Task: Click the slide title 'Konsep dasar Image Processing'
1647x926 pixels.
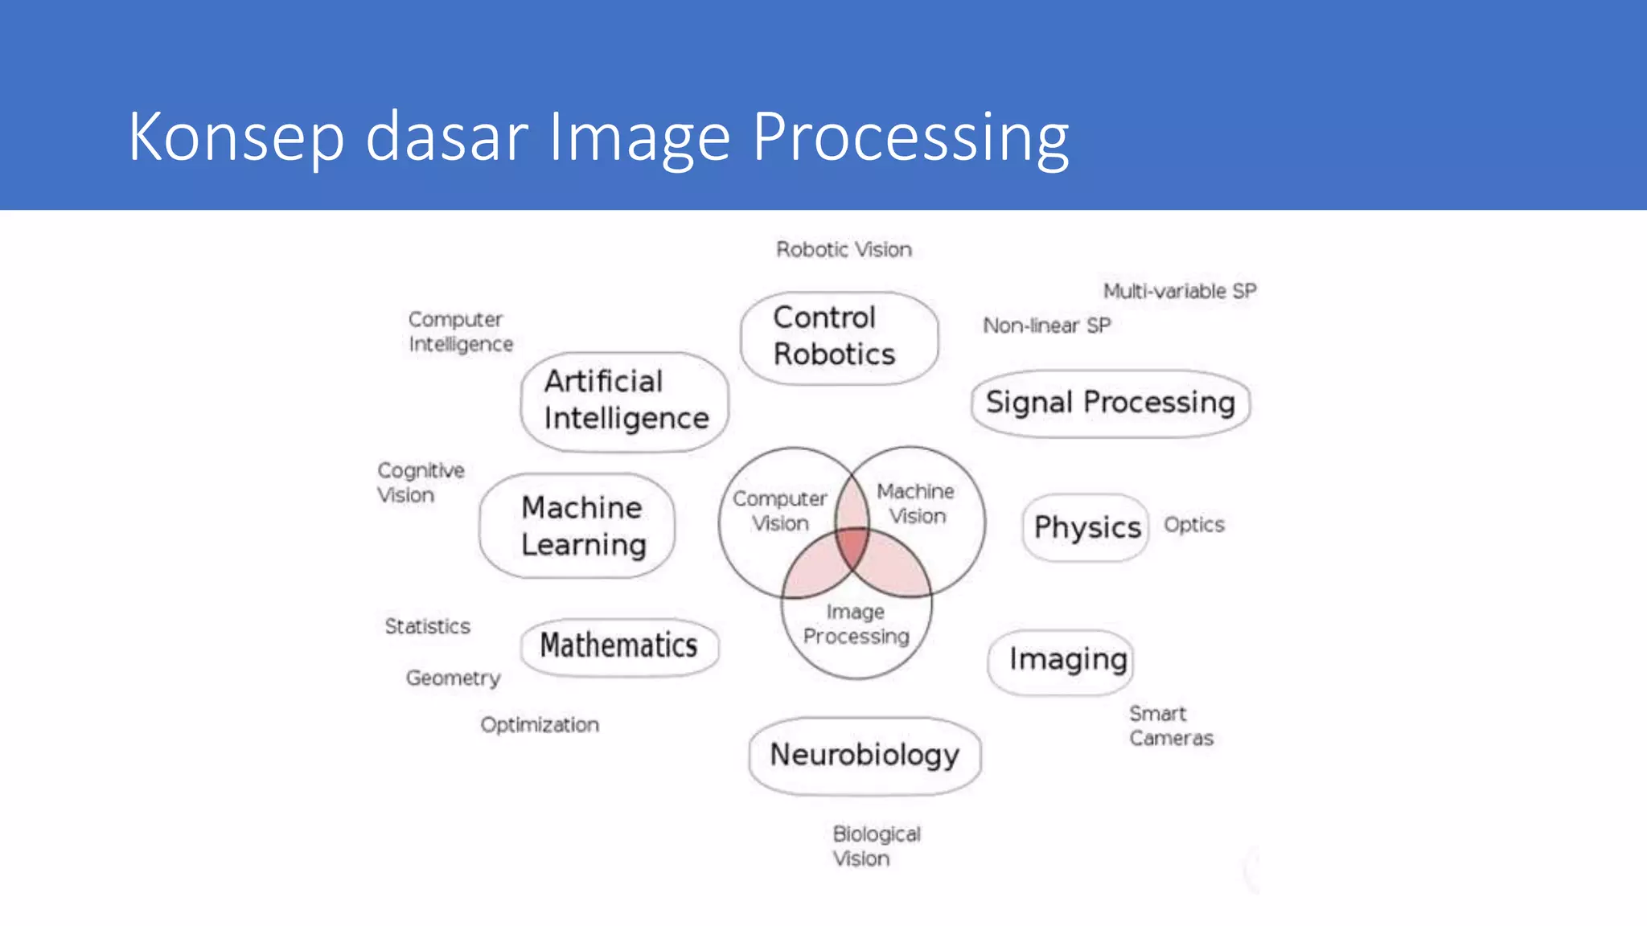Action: [598, 137]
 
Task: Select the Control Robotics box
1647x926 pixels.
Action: [838, 337]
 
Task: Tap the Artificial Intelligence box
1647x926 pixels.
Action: [625, 400]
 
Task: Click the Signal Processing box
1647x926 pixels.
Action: [1110, 403]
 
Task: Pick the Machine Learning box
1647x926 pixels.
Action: [577, 526]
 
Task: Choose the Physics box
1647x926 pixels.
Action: [1086, 527]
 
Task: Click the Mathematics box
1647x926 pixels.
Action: [618, 645]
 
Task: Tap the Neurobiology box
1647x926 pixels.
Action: [865, 755]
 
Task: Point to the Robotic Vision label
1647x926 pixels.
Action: [844, 250]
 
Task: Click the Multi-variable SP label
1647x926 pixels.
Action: [1179, 291]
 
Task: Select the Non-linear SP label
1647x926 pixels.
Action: [1046, 326]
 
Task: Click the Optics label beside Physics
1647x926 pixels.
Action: [1193, 525]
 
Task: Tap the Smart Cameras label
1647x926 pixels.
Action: [1170, 726]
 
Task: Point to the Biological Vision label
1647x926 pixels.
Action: [875, 846]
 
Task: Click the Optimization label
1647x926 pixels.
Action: [540, 725]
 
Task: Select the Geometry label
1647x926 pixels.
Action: [453, 678]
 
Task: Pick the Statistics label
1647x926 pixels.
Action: [427, 626]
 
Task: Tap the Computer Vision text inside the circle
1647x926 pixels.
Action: [779, 511]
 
